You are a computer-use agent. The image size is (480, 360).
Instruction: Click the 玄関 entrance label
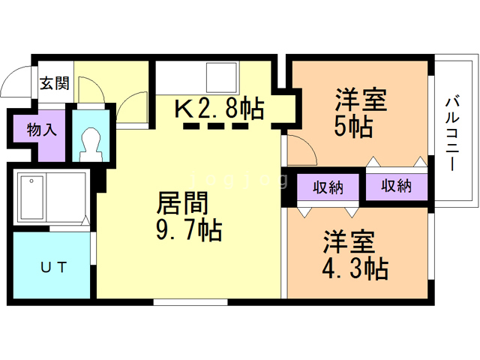tap(55, 82)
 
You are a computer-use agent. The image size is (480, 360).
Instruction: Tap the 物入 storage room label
tap(42, 129)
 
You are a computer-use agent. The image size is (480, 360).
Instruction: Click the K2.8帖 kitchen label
tap(219, 109)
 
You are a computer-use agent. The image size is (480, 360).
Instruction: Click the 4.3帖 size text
tap(355, 268)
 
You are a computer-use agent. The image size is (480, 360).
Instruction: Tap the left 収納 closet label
tap(328, 187)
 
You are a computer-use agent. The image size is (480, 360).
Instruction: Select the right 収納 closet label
tap(395, 187)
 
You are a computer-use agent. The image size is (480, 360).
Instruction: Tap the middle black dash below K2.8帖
tap(216, 126)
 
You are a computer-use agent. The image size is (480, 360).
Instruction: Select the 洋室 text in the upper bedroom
tap(361, 100)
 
